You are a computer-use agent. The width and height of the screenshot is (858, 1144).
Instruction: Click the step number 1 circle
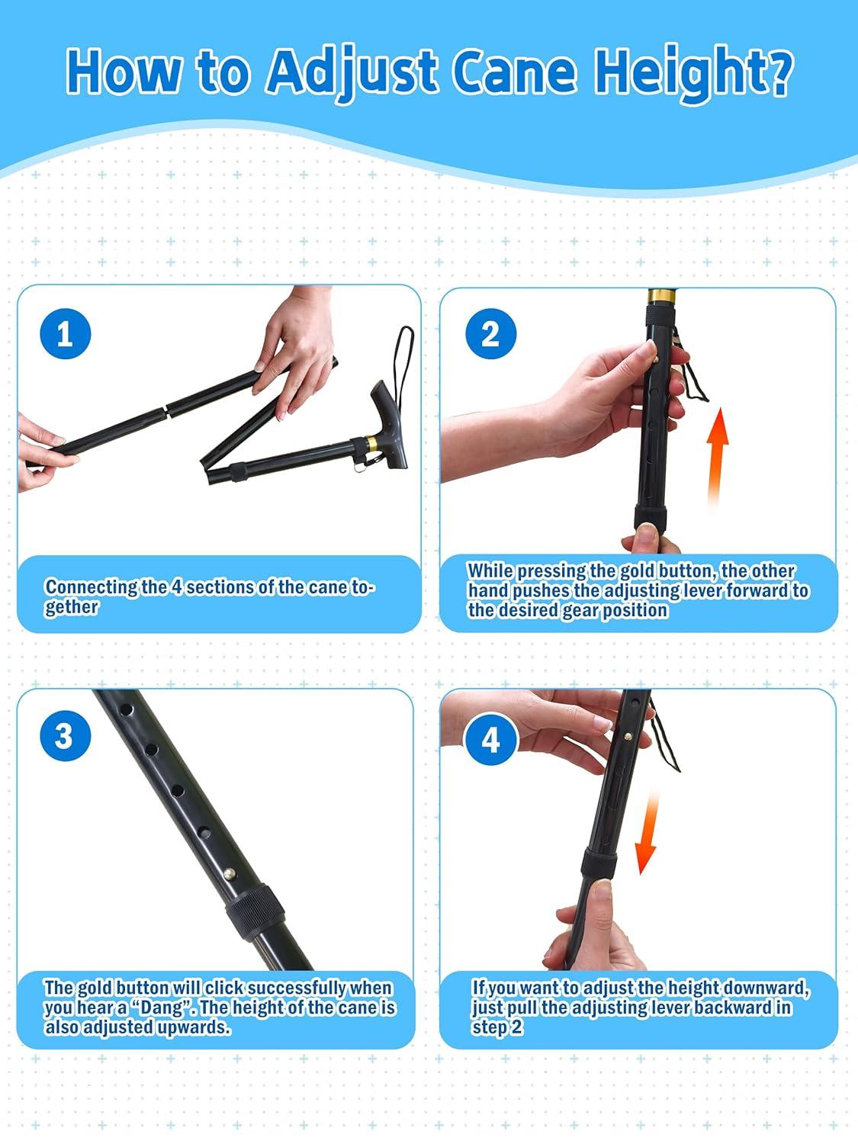65,333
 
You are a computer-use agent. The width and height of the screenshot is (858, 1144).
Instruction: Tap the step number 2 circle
490,333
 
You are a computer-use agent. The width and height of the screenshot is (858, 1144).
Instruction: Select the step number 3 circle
65,736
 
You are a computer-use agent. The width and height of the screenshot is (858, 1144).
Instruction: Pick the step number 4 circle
490,740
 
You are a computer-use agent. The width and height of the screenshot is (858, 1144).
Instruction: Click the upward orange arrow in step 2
717,458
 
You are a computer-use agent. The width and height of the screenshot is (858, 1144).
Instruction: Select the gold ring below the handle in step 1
371,444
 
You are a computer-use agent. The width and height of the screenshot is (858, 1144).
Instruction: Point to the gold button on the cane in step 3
229,873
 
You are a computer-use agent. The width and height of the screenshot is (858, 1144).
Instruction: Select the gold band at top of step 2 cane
661,296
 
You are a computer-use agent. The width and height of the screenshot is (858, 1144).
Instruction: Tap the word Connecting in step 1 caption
92,587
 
